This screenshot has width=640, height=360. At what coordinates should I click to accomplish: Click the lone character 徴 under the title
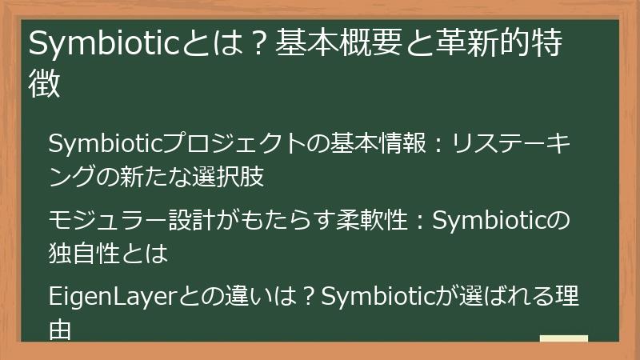click(x=46, y=84)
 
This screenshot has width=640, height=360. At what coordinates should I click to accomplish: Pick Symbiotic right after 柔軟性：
click(x=489, y=220)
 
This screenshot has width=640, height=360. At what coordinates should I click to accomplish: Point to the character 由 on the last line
click(x=61, y=329)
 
